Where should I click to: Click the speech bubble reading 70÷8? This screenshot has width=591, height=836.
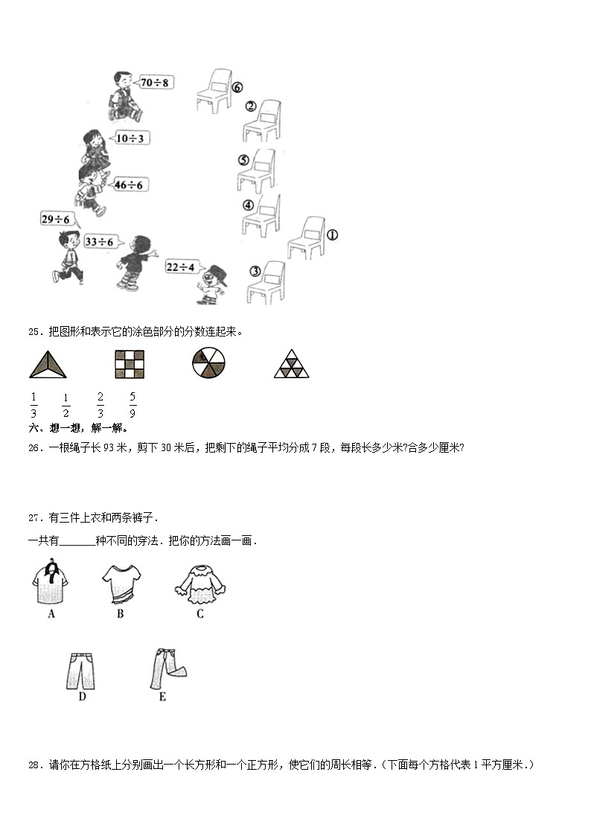coord(154,82)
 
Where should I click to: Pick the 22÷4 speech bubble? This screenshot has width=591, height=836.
coord(180,267)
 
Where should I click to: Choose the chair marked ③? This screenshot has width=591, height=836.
coord(266,282)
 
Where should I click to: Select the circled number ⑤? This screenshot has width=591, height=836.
coord(243,159)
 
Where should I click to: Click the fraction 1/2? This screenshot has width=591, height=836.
coord(66,405)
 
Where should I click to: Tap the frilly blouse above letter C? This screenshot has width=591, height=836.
coord(199,583)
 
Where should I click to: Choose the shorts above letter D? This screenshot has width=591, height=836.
coord(83,670)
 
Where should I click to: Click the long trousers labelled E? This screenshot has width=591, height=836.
coord(166,666)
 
